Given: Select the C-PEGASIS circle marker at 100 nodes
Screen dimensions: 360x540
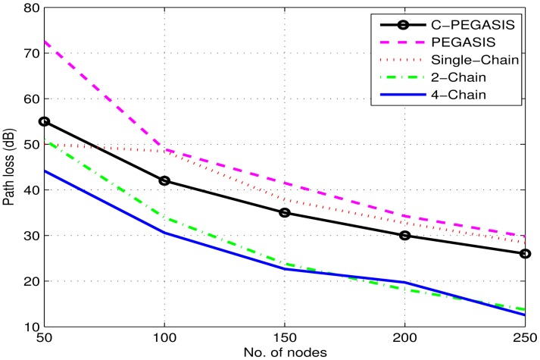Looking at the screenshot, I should coord(164,180).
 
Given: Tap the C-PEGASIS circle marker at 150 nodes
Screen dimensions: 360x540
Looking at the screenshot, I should coord(284,212).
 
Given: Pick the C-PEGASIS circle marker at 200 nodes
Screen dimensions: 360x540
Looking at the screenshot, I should coord(404,235).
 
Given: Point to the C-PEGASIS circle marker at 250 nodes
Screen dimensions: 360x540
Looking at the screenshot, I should coord(525,253).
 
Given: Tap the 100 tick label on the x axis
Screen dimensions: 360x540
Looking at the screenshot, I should coord(164,338).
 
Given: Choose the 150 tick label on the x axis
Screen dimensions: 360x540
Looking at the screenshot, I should coord(284,338).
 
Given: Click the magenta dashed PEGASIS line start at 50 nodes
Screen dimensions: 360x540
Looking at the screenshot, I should coord(43,42).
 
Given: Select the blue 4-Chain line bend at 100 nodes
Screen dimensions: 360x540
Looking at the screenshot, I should coord(164,233).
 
